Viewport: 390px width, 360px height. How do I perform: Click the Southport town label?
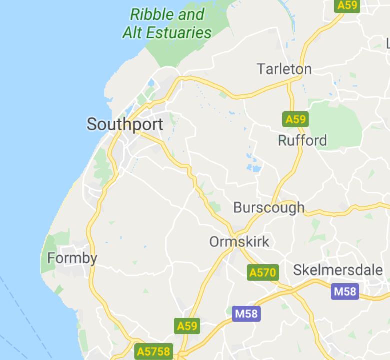pos(125,124)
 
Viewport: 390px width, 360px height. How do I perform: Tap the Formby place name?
pos(72,258)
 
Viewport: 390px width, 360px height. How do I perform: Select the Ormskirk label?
pos(239,242)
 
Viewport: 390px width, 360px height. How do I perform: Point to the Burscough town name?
pos(269,207)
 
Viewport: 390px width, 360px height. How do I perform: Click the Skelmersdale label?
pos(338,270)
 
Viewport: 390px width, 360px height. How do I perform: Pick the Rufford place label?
pos(302,140)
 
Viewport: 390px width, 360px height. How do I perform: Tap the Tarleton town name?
pos(284,69)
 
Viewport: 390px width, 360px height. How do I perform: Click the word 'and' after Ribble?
pos(191,14)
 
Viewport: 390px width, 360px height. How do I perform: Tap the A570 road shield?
pos(263,272)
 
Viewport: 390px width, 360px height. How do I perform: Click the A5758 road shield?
pos(153,351)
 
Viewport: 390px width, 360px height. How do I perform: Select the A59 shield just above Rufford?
pos(295,119)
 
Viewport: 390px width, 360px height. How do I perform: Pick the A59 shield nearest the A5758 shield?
pos(187,326)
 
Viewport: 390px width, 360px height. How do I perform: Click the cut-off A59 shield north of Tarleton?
pos(347,5)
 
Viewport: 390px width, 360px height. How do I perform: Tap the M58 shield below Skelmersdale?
pos(345,291)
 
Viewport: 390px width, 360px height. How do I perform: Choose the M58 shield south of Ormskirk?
pos(246,314)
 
